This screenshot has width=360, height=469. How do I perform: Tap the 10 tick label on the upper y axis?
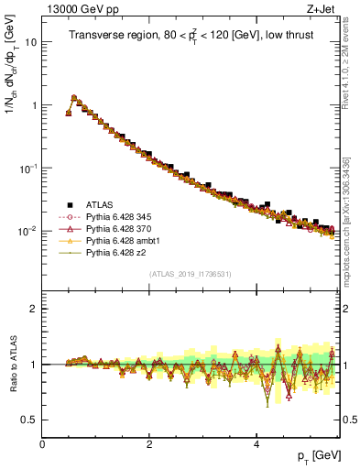pos(30,42)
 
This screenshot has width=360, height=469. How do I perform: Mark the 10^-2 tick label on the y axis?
pos(27,231)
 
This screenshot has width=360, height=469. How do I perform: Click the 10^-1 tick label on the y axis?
pos(27,168)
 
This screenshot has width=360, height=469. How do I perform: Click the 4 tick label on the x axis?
pos(256,445)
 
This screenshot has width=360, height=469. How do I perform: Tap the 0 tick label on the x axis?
pos(42,445)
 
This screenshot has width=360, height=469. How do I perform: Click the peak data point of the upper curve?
pos(74,97)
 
